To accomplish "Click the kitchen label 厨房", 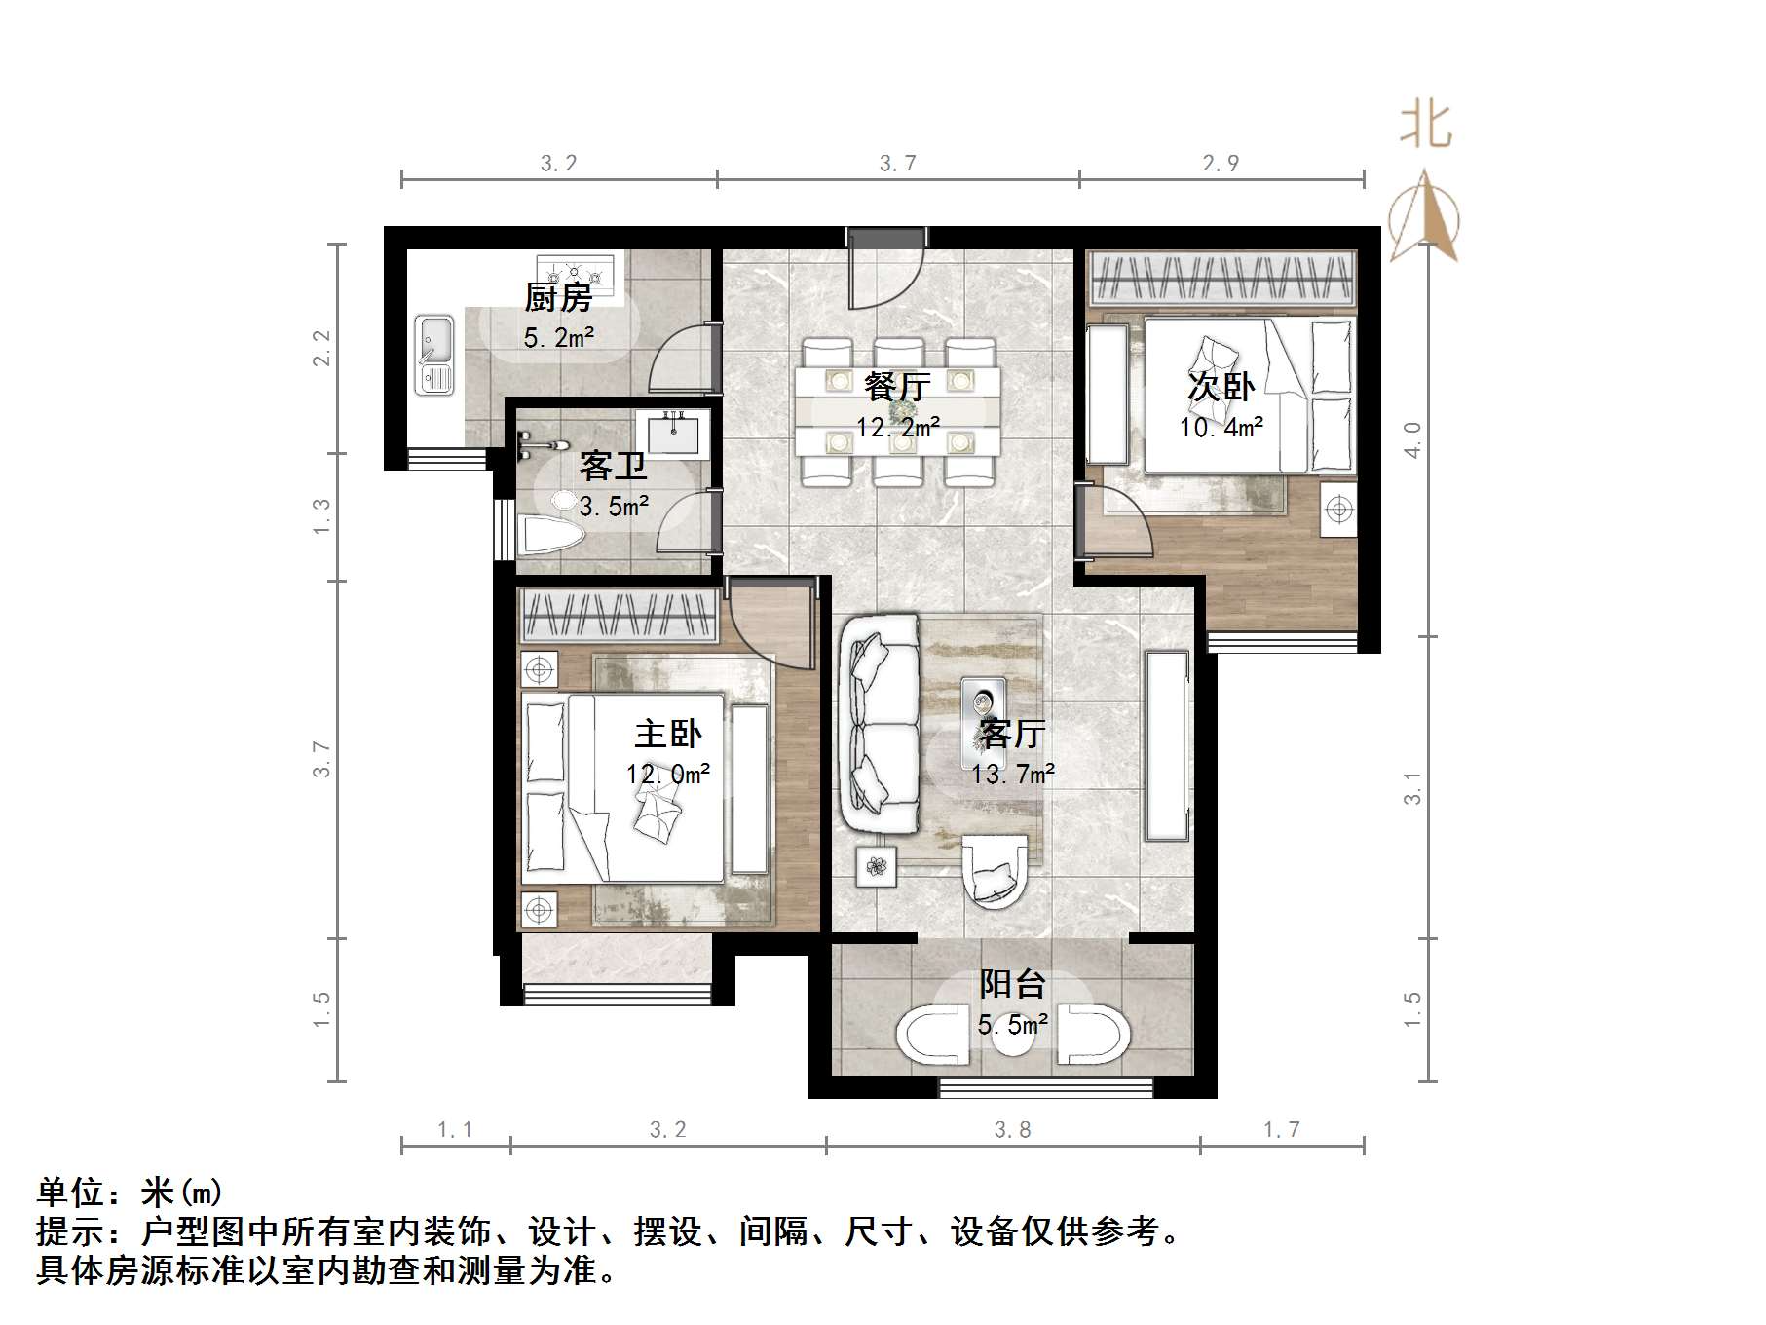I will (558, 297).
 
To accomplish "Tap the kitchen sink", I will (433, 355).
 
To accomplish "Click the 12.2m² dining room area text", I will (897, 427).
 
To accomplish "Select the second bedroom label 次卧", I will (1221, 387).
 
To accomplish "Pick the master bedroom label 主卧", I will (667, 733).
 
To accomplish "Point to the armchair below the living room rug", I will (994, 870).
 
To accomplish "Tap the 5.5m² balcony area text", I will (1013, 1024).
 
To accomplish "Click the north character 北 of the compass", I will (1426, 126).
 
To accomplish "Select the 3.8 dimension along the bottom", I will (1012, 1129).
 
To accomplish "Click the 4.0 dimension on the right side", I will (1412, 439).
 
